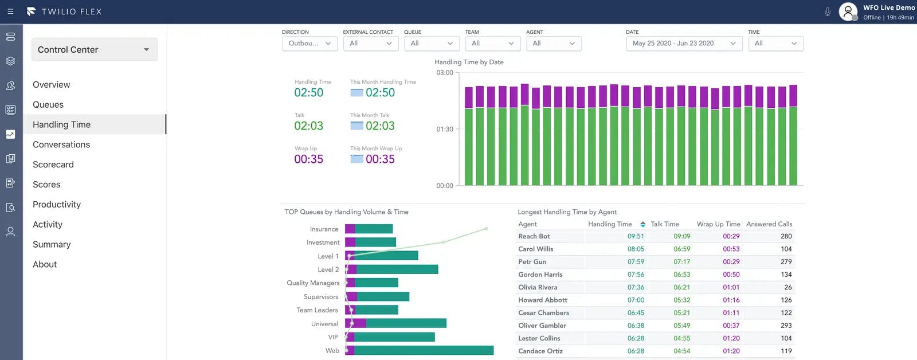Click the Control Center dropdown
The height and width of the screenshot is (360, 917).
94,50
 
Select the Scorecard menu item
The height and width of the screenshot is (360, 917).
53,165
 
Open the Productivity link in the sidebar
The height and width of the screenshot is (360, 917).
57,205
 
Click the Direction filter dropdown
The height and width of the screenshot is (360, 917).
309,44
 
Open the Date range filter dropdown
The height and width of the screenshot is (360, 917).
684,44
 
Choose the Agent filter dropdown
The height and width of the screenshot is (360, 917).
554,44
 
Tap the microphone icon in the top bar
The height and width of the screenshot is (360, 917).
827,11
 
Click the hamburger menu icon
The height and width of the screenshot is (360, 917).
10,11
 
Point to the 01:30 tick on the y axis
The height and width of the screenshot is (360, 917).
445,130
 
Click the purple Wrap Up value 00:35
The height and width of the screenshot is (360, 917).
308,159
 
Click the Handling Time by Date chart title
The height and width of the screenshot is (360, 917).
469,62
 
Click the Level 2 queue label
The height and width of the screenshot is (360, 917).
328,269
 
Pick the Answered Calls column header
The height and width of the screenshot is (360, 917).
769,224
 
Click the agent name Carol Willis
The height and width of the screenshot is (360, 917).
535,249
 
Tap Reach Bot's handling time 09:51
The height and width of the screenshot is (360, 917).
635,236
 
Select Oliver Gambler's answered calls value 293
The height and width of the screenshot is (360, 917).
786,326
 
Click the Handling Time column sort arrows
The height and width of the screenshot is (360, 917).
642,224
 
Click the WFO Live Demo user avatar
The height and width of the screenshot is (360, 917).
848,11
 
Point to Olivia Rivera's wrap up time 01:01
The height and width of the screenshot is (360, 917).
731,287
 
